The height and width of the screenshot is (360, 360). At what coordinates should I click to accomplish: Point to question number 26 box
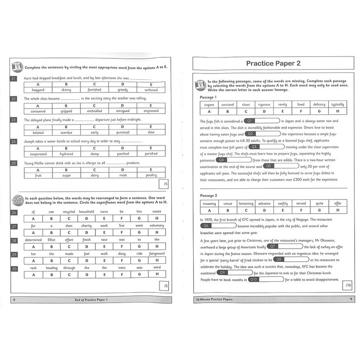(14, 213)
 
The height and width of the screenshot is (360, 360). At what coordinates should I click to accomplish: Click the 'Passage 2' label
(211, 195)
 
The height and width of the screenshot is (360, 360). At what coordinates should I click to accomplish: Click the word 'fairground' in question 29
(157, 253)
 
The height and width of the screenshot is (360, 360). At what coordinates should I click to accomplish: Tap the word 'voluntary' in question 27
(157, 226)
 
